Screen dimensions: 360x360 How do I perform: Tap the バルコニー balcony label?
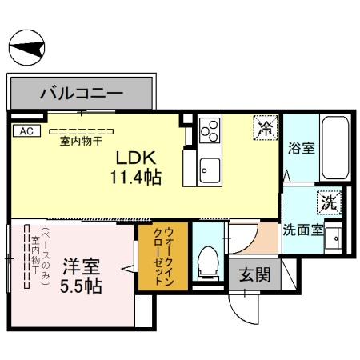point(82,94)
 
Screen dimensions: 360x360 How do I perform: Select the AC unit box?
point(24,130)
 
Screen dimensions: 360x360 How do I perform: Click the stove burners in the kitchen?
point(210,130)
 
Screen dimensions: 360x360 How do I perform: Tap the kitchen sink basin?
point(210,170)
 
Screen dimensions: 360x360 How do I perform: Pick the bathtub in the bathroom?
point(333,147)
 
